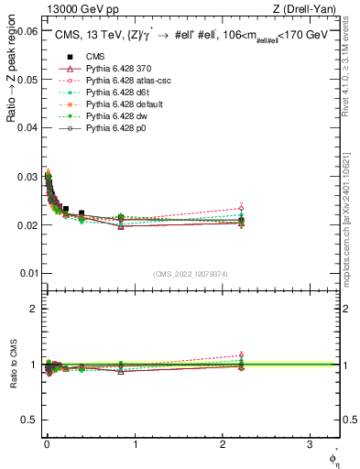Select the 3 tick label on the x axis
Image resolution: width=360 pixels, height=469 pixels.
click(310, 444)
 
